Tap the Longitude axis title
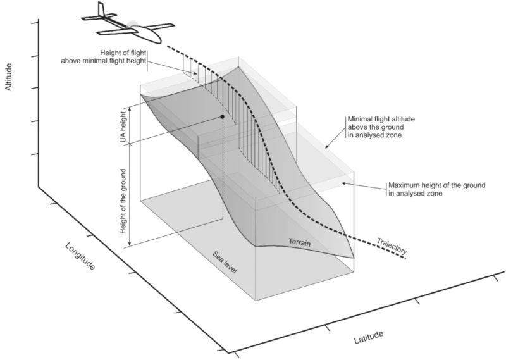[x=80, y=255]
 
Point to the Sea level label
[x=225, y=261]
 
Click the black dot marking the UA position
[x=223, y=117]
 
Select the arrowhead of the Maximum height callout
[x=342, y=183]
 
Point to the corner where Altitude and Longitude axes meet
[x=38, y=187]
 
